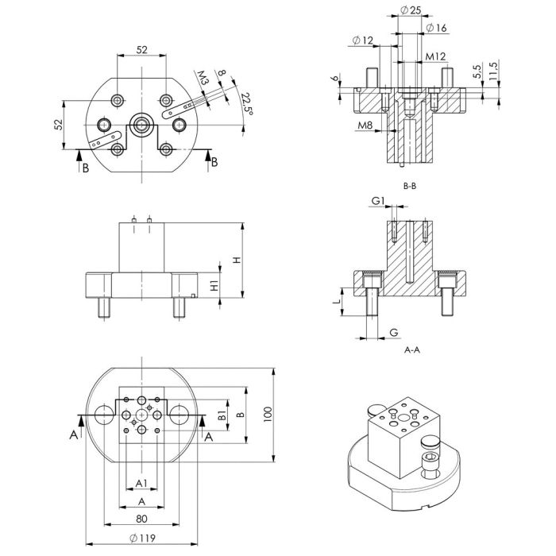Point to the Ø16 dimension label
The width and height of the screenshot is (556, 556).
tap(436, 29)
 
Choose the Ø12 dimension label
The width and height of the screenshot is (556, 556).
tap(361, 41)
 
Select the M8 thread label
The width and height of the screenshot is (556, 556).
tap(365, 125)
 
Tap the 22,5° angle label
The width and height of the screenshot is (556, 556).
tap(246, 104)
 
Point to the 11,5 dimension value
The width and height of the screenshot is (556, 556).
tap(493, 71)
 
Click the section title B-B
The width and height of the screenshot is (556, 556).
tap(411, 186)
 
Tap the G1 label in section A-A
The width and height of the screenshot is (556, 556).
tap(378, 201)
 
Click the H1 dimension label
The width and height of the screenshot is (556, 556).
tap(214, 286)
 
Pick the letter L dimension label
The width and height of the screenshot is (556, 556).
tap(337, 302)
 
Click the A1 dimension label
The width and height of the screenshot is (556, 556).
tap(141, 482)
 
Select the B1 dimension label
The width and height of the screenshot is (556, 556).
tap(222, 415)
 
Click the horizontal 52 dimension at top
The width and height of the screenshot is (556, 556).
tap(141, 49)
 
